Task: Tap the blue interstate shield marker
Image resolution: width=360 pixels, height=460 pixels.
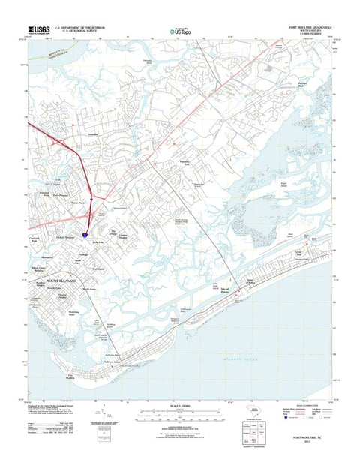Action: pos(88,234)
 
